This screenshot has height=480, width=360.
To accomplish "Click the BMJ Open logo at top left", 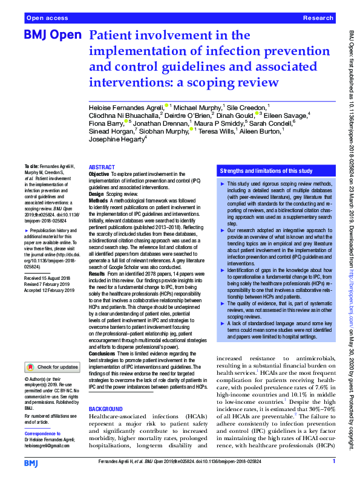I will pos(52,36).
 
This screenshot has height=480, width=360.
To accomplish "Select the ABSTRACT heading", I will pos(102,167).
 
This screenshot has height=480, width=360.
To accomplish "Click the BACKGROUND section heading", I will pos(106,392).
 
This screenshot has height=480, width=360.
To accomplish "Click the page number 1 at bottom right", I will pos(334,462).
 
